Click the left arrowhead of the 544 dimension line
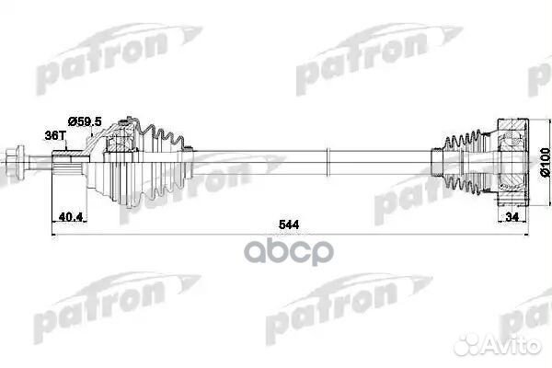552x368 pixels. pyautogui.click(x=54, y=235)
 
